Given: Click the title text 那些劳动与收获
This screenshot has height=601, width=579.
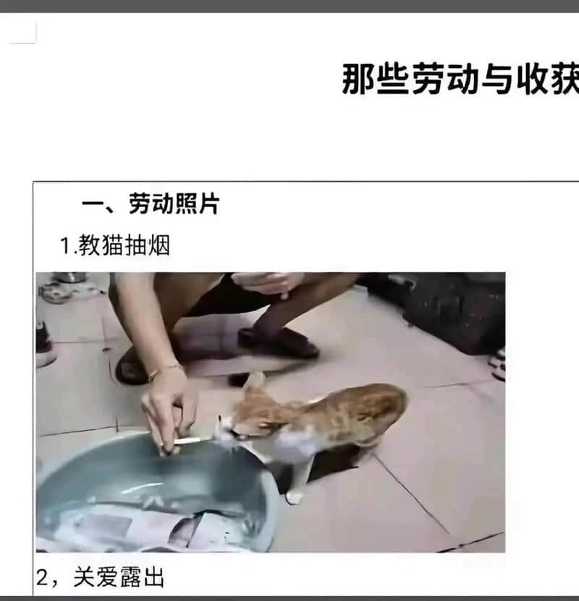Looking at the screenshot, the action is point(460,79).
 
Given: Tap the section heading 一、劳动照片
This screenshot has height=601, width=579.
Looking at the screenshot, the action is point(151,203).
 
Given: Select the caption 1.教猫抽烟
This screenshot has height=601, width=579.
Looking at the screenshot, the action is point(115,245).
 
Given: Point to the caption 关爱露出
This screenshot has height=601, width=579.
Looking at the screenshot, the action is point(119,577).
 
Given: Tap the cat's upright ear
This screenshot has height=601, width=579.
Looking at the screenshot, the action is point(254,383).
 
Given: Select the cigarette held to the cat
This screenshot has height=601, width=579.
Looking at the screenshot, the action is point(192,441).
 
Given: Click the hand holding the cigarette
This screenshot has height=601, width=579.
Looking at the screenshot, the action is point(169,410).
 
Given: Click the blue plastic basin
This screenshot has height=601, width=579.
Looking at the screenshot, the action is point(153,495).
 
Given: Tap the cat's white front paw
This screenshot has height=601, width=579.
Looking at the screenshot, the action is point(295,497).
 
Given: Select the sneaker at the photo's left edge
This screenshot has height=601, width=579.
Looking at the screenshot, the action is point(43,345).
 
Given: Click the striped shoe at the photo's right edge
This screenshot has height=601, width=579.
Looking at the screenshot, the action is point(498,364).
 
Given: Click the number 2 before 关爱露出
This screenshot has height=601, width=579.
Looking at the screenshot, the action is point(43,578).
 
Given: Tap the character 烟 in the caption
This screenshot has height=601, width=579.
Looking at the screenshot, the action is point(159,245).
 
